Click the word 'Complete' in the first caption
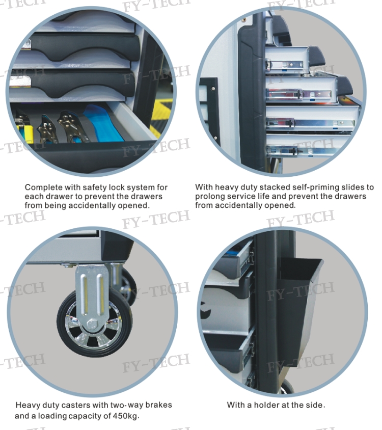coord(43,187)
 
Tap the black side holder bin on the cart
coord(301,310)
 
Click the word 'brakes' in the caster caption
coord(158,405)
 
